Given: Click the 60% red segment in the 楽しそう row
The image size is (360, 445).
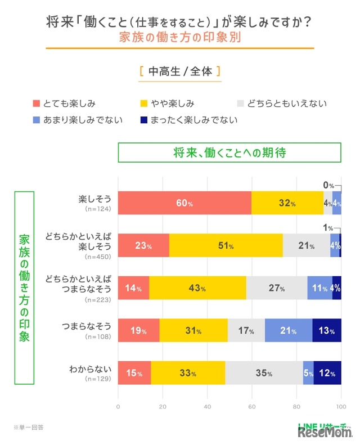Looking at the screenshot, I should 184,203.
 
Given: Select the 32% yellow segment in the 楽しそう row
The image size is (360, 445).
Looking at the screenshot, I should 287,203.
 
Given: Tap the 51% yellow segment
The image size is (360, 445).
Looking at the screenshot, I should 226,245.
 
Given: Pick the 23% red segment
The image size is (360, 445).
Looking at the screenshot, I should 143,245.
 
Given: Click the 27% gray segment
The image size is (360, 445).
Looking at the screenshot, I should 277,288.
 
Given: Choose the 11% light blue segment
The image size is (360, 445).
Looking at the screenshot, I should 319,288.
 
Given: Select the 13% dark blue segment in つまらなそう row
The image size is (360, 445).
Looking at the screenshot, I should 327,330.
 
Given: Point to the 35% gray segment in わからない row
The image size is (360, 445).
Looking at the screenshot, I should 264,373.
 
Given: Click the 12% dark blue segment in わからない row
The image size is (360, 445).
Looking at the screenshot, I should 327,373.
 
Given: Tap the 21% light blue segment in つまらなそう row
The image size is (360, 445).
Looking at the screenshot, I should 289,330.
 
